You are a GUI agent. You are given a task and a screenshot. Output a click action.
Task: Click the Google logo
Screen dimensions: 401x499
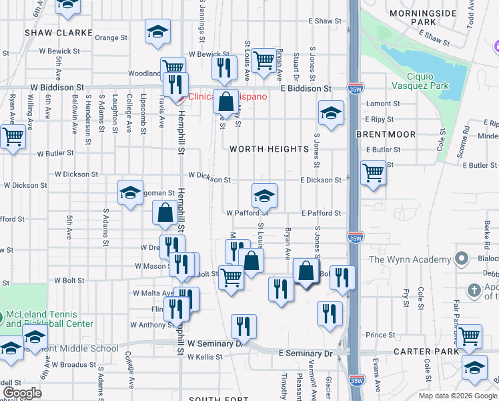tap(23, 393)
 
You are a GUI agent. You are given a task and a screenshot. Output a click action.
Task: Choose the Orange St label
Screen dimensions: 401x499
tap(111, 38)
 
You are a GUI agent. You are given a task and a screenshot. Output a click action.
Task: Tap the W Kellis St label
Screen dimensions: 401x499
tap(204, 357)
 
